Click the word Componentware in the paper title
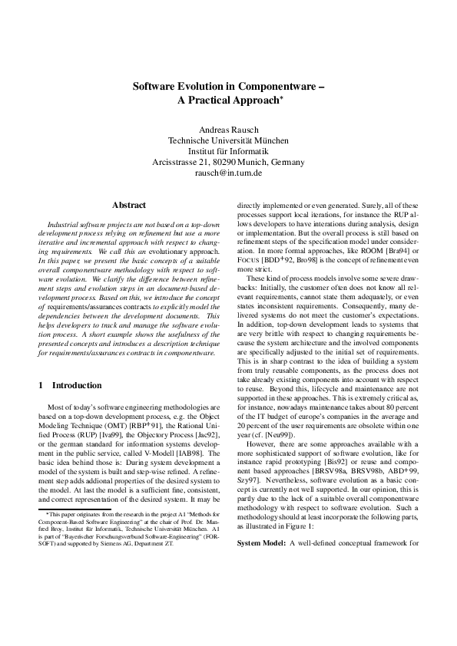[275, 87]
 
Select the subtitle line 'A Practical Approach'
[227, 101]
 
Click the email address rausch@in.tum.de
[228, 173]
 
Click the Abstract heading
[129, 205]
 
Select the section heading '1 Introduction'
[70, 385]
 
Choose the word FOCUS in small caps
[250, 261]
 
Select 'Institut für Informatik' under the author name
[228, 151]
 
